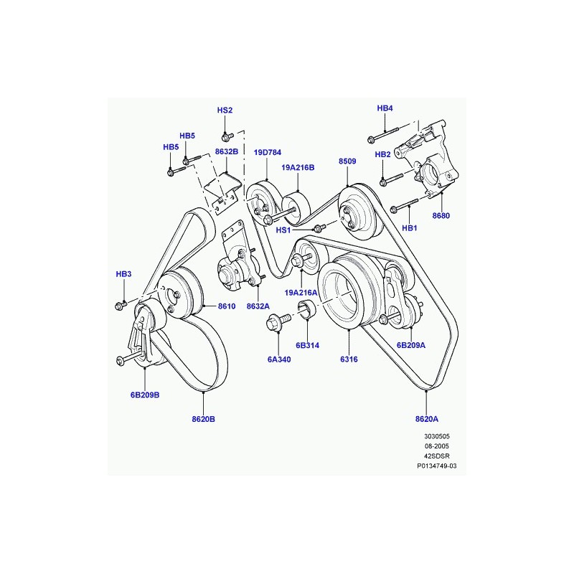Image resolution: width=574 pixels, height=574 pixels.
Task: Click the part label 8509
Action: [347, 162]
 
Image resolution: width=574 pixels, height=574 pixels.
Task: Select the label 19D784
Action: [267, 153]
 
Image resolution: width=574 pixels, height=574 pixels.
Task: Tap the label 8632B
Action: [227, 152]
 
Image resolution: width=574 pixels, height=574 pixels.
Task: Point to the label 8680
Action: [441, 215]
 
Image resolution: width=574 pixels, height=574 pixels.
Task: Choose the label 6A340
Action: [278, 359]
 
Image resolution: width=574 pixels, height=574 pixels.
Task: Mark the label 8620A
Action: [427, 419]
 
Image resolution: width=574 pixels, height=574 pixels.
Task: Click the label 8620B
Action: [204, 419]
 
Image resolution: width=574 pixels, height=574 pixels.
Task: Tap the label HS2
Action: [225, 110]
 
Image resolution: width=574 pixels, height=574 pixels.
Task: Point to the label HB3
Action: [124, 275]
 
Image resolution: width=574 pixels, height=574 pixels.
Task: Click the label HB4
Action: [385, 108]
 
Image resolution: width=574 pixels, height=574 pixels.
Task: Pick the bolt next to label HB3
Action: [121, 306]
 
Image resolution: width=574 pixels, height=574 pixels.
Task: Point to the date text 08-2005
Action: [437, 446]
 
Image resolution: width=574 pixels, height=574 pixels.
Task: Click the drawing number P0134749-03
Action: [437, 466]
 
